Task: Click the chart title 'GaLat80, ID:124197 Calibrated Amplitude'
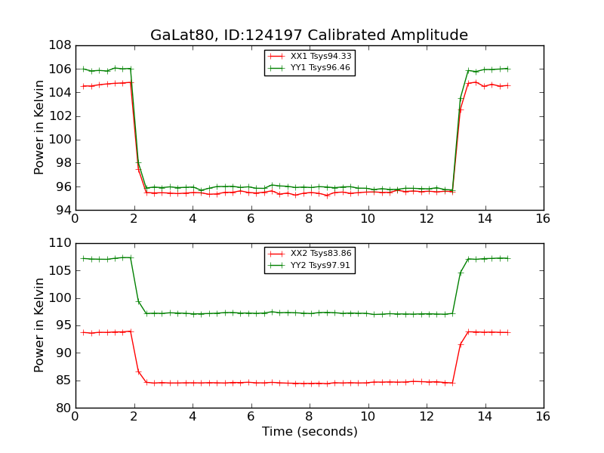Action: [x=309, y=35]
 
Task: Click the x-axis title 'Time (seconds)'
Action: [x=310, y=432]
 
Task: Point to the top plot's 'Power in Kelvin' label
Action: [x=40, y=128]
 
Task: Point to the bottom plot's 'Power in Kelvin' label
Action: [x=40, y=325]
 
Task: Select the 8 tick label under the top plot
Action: [x=310, y=220]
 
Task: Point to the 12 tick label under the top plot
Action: [x=427, y=220]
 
